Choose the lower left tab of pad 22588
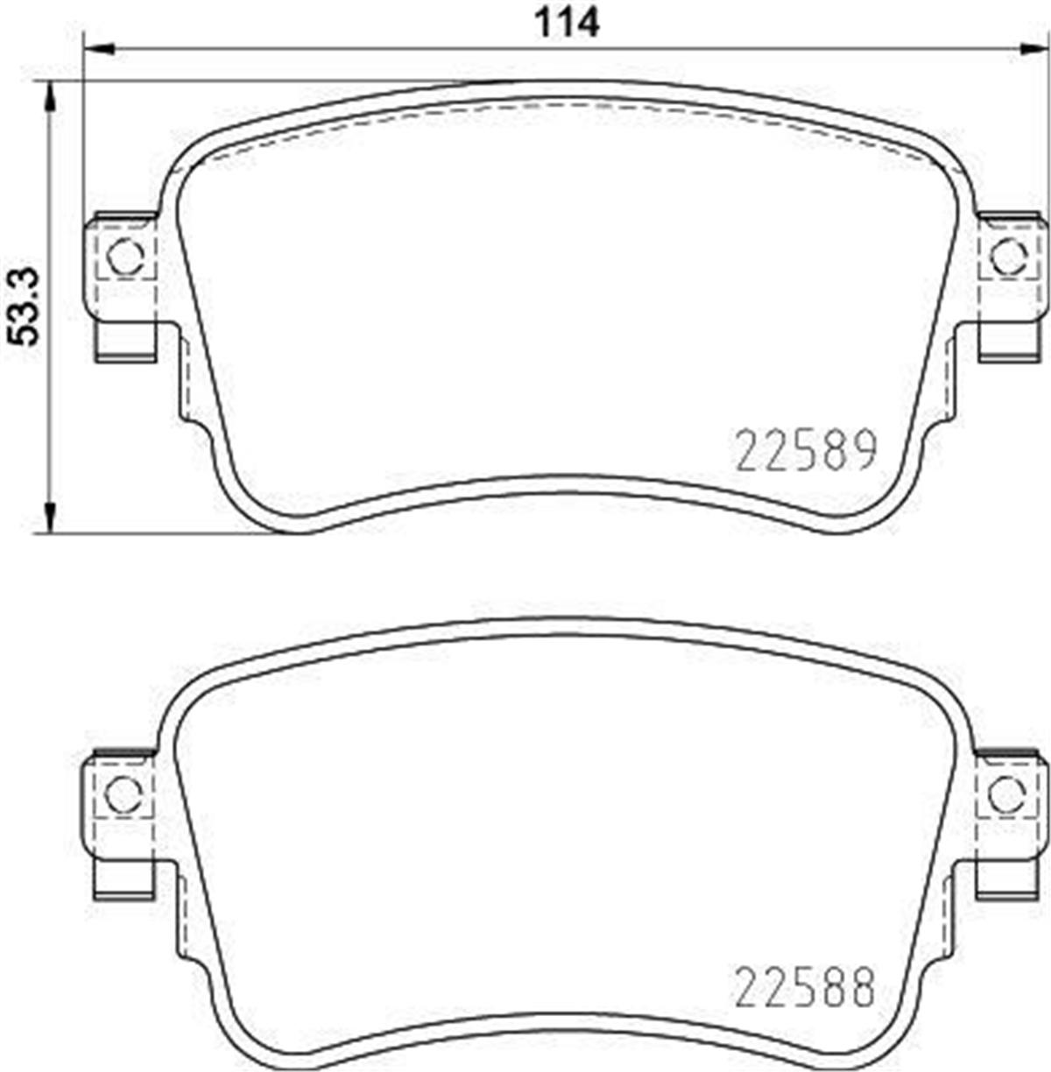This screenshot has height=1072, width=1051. click(123, 878)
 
